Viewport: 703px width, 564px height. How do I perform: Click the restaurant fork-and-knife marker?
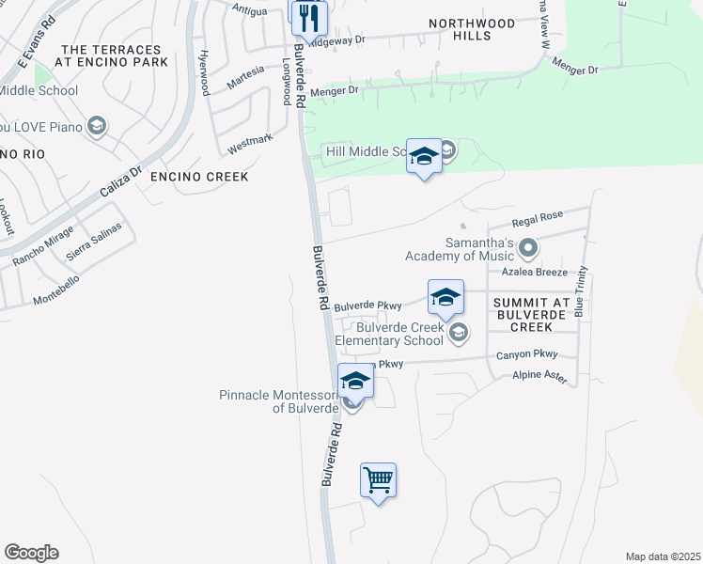tap(307, 17)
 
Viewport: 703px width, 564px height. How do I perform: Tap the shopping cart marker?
tap(378, 480)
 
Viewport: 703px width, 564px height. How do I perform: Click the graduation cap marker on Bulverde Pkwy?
tap(445, 298)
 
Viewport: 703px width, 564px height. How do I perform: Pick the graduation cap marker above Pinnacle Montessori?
tap(355, 381)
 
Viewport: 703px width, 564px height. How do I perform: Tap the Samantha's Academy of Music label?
tap(459, 249)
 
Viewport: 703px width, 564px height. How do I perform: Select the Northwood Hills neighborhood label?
tap(472, 29)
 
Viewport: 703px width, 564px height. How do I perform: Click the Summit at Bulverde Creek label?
tap(531, 314)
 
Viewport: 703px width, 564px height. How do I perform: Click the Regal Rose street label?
tap(537, 219)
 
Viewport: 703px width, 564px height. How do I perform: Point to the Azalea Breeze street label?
tap(534, 273)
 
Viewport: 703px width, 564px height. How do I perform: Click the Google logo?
tap(31, 553)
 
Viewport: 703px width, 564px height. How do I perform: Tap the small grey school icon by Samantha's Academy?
tap(528, 249)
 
